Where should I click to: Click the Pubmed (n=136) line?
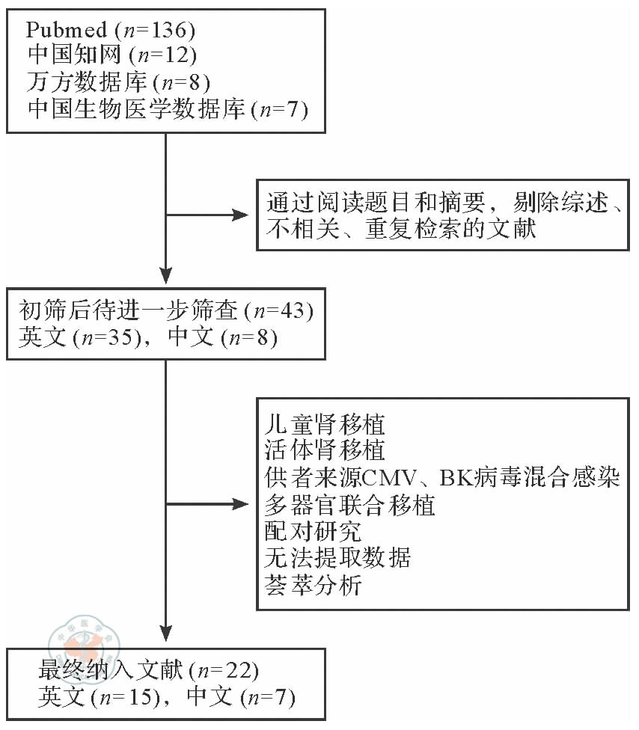pos(111,31)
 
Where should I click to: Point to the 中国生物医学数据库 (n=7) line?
pos(168,109)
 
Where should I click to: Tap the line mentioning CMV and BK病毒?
pos(442,478)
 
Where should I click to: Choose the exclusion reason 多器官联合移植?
pos(350,505)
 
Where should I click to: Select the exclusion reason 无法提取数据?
pos(337,557)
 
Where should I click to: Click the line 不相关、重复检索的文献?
pos(401,228)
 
